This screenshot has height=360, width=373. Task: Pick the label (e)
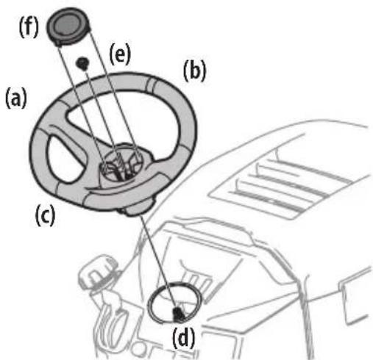click(x=119, y=55)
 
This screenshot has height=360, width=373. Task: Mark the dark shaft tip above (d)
click(x=177, y=314)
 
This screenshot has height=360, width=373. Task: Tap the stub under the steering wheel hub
click(x=135, y=209)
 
